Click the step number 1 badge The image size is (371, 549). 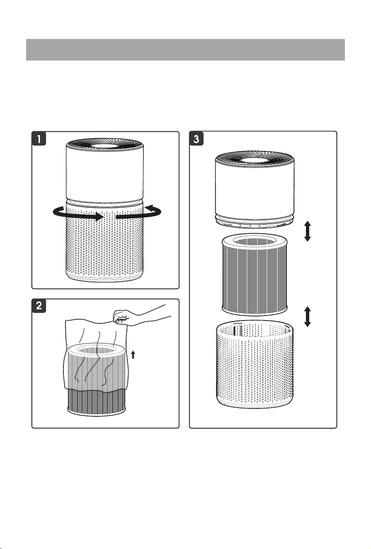click(x=39, y=139)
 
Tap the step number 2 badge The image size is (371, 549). click(x=39, y=306)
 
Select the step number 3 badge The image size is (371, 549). click(x=196, y=139)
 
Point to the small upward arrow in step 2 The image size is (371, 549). click(x=133, y=355)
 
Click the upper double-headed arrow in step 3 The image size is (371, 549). click(x=308, y=231)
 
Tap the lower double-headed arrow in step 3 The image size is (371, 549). click(x=308, y=316)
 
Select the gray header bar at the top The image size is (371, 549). click(x=185, y=49)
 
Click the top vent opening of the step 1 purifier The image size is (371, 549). click(x=105, y=146)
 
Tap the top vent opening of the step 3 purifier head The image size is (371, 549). click(x=255, y=160)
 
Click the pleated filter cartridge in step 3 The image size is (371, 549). click(x=255, y=274)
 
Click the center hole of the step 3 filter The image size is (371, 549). click(x=255, y=241)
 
